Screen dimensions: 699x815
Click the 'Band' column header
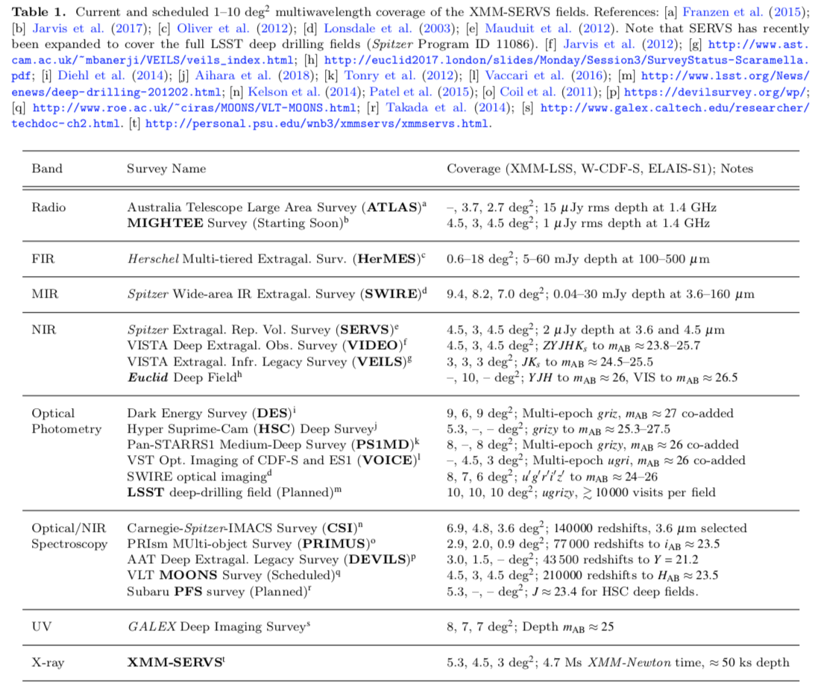pyautogui.click(x=46, y=169)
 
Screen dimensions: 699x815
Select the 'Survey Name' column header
pyautogui.click(x=166, y=169)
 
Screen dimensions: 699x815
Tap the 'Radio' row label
pyautogui.click(x=48, y=207)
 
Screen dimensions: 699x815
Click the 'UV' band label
pyautogui.click(x=40, y=626)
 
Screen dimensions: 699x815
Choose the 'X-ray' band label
pyautogui.click(x=47, y=662)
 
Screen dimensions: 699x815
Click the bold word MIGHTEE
pyautogui.click(x=159, y=223)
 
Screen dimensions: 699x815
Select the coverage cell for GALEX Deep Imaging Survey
pyautogui.click(x=530, y=626)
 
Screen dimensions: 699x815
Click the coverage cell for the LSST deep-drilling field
pyautogui.click(x=581, y=492)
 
